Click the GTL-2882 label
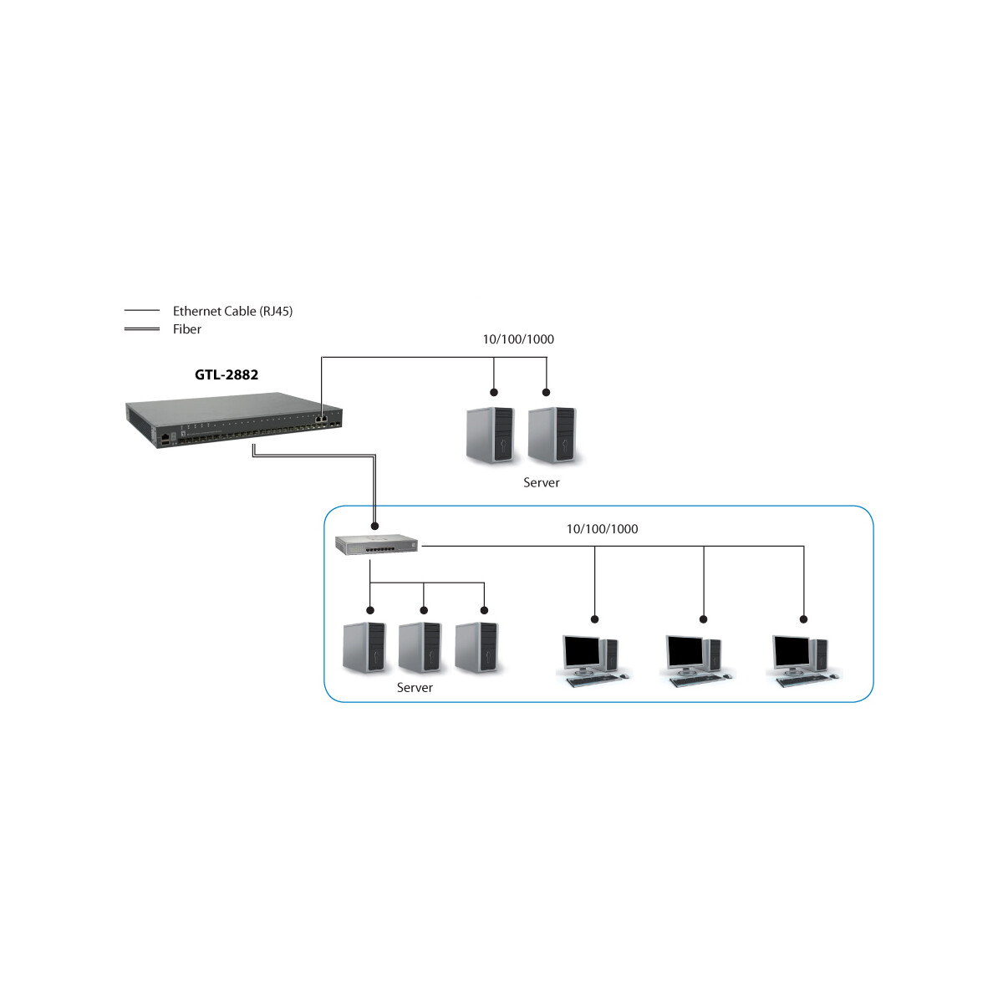(x=226, y=374)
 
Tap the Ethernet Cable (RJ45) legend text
(x=232, y=311)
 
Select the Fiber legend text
(x=187, y=329)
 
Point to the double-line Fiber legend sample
(x=141, y=329)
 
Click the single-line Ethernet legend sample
(x=141, y=310)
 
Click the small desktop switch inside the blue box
(x=377, y=545)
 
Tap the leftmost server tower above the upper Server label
(x=491, y=435)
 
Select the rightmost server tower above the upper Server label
(x=552, y=435)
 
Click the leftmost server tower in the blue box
(x=364, y=648)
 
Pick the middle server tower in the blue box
(x=420, y=648)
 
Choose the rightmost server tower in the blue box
(x=476, y=648)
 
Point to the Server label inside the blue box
(x=415, y=688)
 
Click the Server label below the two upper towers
(x=542, y=482)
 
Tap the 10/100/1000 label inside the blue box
(x=602, y=529)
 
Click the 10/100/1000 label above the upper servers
(x=518, y=339)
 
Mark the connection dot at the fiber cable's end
(x=374, y=527)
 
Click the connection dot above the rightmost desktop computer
(x=803, y=619)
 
